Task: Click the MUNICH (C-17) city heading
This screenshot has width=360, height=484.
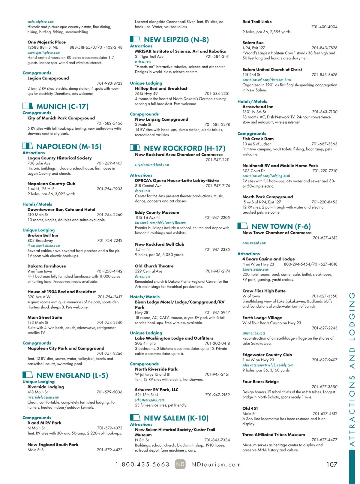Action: (62, 107)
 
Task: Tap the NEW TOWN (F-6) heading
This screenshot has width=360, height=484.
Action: (281, 226)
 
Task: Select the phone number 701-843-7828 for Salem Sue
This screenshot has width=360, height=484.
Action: (324, 48)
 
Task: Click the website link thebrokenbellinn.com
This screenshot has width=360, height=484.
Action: (44, 245)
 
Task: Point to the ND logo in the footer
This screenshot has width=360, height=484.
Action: (180, 464)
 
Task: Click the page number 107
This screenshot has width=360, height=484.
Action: (331, 464)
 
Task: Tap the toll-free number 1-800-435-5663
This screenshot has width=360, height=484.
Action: (142, 464)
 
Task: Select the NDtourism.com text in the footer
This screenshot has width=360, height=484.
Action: (216, 464)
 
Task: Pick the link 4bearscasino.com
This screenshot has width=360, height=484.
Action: (256, 269)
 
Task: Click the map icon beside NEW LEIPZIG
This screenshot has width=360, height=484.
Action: (135, 39)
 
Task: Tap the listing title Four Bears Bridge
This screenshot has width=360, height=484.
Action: (260, 382)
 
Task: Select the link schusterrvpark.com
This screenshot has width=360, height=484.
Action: (149, 400)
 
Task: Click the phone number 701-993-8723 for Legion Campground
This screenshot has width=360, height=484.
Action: (109, 83)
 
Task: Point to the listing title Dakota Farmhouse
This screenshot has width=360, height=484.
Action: (47, 266)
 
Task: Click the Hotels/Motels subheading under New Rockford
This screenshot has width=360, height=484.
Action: (145, 297)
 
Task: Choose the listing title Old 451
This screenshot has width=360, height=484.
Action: (250, 408)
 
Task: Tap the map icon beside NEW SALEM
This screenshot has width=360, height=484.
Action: (135, 417)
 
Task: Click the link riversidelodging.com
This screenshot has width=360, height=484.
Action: (43, 397)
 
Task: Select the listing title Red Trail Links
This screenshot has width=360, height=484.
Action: (257, 22)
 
